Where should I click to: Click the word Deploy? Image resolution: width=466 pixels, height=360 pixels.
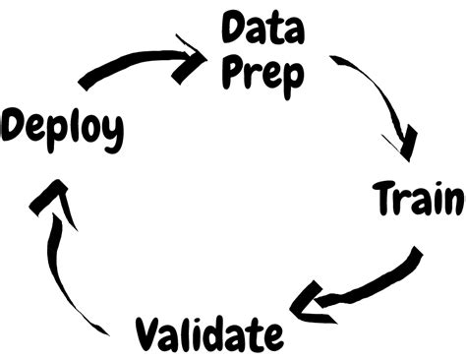[x=63, y=129]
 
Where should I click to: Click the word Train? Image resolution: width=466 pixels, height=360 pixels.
[x=418, y=199]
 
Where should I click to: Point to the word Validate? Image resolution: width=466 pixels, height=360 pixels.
[x=201, y=333]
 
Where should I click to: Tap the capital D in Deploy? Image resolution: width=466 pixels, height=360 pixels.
[x=14, y=127]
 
